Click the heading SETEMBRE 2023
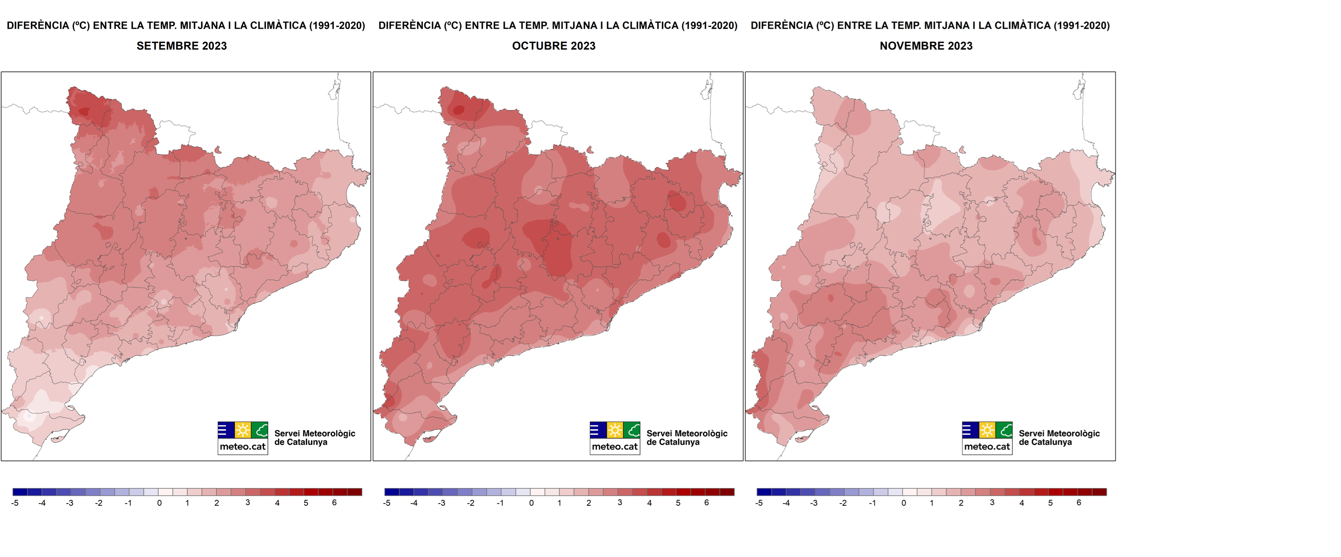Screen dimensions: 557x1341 (182, 46)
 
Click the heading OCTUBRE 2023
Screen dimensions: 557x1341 (553, 46)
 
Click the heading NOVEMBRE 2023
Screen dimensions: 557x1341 (926, 46)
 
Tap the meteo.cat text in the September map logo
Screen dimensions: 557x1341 (243, 447)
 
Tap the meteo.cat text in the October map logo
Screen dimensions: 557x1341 (615, 447)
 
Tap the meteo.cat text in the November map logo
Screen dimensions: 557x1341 (987, 447)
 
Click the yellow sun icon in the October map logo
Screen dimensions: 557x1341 (615, 430)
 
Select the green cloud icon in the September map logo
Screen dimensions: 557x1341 (260, 430)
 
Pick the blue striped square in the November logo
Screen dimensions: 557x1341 (970, 430)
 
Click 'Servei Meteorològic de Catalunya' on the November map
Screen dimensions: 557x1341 (1059, 438)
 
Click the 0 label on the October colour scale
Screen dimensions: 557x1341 (531, 503)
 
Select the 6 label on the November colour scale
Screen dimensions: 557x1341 (1078, 503)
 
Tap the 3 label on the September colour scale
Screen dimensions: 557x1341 (248, 503)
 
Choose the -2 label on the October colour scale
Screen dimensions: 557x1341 (471, 503)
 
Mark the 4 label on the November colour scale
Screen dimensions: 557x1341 (1021, 503)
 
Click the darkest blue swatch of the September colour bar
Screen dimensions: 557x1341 (20, 492)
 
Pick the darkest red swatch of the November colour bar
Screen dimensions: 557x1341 (1099, 492)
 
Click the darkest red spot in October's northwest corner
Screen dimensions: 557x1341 (459, 110)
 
